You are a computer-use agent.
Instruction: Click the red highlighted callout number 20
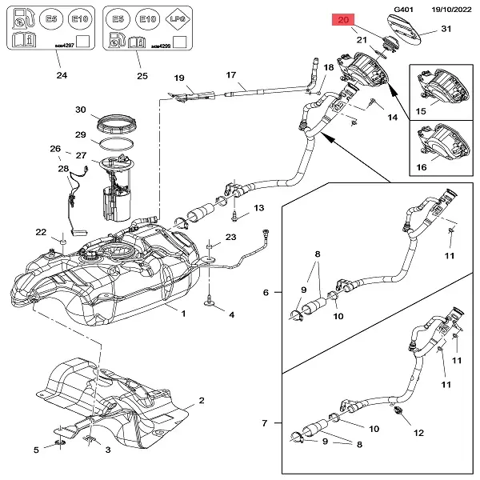[344, 21]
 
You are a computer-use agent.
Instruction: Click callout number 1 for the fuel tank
[183, 313]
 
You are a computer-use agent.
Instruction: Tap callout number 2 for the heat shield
[202, 400]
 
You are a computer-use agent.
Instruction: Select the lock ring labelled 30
[114, 124]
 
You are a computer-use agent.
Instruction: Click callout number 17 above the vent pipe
[231, 75]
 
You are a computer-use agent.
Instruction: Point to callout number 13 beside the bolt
[258, 208]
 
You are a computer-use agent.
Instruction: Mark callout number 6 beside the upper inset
[266, 292]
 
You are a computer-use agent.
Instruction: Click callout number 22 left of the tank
[41, 232]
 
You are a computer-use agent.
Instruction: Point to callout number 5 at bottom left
[36, 450]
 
